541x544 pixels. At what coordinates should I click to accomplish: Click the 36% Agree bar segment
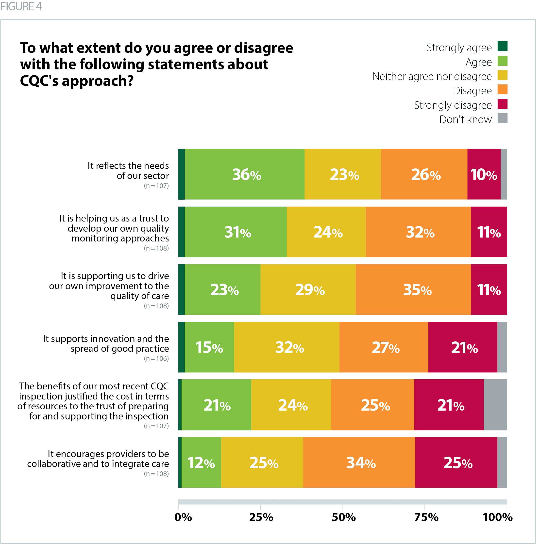point(245,174)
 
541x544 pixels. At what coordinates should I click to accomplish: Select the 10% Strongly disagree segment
point(484,174)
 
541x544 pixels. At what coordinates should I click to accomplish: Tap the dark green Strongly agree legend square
point(502,47)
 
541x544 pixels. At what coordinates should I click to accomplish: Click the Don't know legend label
point(465,119)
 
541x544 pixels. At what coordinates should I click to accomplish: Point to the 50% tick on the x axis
point(343,507)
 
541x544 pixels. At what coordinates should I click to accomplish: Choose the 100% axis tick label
point(498,517)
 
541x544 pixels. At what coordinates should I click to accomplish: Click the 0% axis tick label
point(183,517)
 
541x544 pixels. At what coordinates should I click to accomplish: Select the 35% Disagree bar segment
point(413,289)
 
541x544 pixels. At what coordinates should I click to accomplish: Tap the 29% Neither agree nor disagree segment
point(308,289)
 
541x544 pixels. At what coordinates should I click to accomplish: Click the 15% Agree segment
point(209,347)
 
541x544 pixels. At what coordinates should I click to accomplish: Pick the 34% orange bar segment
point(359,463)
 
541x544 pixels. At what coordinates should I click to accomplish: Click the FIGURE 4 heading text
point(21,6)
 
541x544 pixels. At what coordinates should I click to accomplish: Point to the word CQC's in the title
point(39,81)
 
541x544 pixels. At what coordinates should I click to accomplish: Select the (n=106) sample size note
point(156,358)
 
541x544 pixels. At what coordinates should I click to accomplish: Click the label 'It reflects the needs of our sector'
point(128,170)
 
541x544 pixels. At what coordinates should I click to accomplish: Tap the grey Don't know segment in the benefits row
point(495,405)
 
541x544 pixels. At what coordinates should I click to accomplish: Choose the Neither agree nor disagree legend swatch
point(502,75)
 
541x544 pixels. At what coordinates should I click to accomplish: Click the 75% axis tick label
point(426,517)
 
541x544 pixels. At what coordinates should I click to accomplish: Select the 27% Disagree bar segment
point(384,347)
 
